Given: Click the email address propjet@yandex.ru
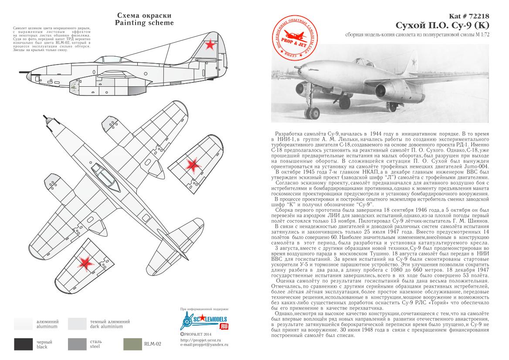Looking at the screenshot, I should pos(204,345).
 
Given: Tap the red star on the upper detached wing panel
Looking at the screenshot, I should pos(191,164).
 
